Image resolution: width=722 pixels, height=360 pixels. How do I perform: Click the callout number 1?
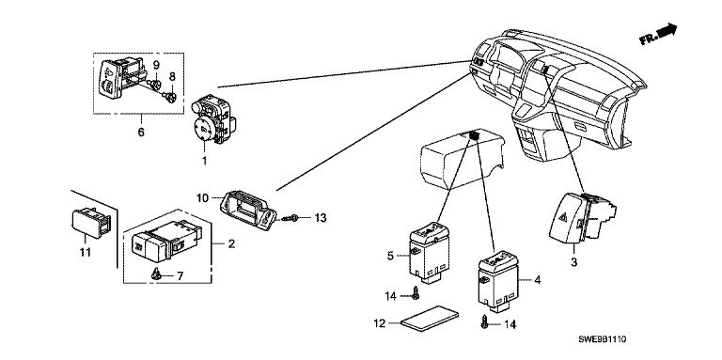pyautogui.click(x=204, y=161)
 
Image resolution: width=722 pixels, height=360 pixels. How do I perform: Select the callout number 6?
pyautogui.click(x=141, y=133)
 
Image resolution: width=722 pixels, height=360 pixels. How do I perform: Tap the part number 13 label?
pyautogui.click(x=320, y=218)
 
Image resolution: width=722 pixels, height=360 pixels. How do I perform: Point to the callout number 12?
pyautogui.click(x=379, y=323)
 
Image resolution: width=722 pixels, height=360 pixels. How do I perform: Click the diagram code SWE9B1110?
pyautogui.click(x=603, y=339)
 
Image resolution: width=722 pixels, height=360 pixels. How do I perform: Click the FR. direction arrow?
pyautogui.click(x=659, y=34)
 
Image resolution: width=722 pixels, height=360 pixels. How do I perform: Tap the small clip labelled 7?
pyautogui.click(x=156, y=274)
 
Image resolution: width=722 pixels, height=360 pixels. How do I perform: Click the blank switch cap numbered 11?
pyautogui.click(x=92, y=223)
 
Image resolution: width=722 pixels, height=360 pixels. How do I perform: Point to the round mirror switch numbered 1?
pyautogui.click(x=212, y=119)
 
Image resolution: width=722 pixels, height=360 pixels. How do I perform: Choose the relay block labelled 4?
pyautogui.click(x=499, y=280)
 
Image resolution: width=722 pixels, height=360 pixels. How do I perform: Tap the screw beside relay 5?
pyautogui.click(x=416, y=293)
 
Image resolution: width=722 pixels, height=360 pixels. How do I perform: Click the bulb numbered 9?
pyautogui.click(x=154, y=84)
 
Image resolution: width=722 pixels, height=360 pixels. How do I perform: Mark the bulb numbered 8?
pyautogui.click(x=170, y=97)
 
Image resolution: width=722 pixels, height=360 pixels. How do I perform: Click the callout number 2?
pyautogui.click(x=231, y=243)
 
